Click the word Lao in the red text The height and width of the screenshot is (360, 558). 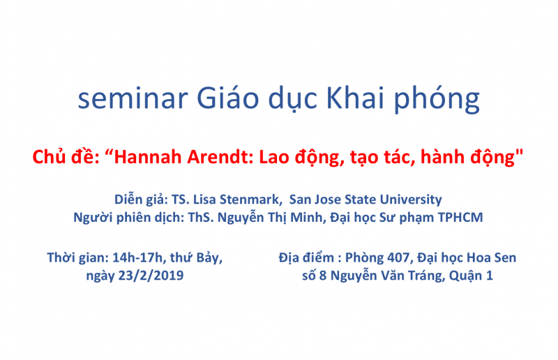tap(276, 158)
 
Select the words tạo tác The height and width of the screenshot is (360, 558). tap(377, 158)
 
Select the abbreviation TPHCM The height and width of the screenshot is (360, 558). tap(460, 217)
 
